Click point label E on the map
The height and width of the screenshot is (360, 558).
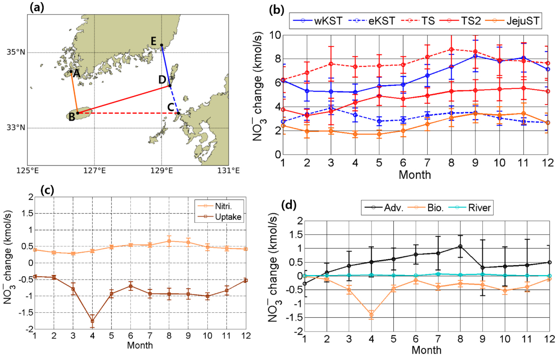pyautogui.click(x=154, y=41)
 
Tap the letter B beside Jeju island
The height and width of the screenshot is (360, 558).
pyautogui.click(x=72, y=117)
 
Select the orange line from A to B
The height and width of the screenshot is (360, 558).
pyautogui.click(x=74, y=93)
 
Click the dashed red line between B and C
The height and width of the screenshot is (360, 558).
pyautogui.click(x=129, y=113)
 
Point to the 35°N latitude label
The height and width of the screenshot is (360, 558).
pyautogui.click(x=16, y=52)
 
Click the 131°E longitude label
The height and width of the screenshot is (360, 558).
pyautogui.click(x=228, y=171)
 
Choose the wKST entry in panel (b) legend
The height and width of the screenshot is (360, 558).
pyautogui.click(x=318, y=21)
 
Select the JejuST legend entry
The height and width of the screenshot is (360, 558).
pyautogui.click(x=512, y=21)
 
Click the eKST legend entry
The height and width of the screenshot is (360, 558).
pyautogui.click(x=372, y=21)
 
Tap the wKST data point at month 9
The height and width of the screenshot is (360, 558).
pyautogui.click(x=475, y=56)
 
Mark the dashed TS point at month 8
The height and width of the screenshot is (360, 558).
pyautogui.click(x=451, y=50)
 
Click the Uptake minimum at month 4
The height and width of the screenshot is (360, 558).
pyautogui.click(x=92, y=321)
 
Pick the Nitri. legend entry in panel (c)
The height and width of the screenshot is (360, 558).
pyautogui.click(x=219, y=206)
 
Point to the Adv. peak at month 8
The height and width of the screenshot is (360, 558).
pyautogui.click(x=460, y=246)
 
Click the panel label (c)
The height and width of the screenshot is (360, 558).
pyautogui.click(x=47, y=190)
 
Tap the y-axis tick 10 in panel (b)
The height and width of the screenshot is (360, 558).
pyautogui.click(x=275, y=35)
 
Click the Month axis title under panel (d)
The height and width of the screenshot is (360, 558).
pyautogui.click(x=426, y=350)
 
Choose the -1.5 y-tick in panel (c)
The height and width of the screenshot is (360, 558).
pyautogui.click(x=26, y=313)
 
